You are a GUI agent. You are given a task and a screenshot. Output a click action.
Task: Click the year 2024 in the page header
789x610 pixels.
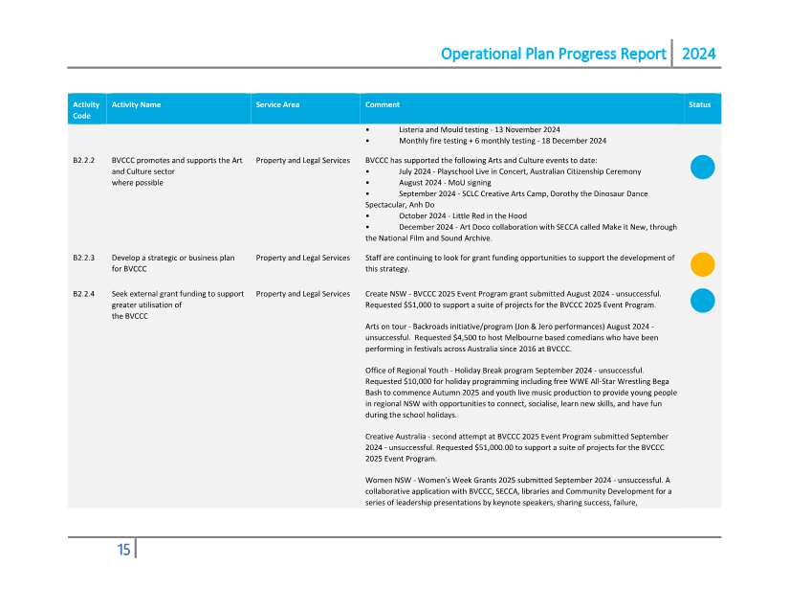point(698,54)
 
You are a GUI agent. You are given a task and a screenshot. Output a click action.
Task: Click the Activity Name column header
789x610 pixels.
point(136,104)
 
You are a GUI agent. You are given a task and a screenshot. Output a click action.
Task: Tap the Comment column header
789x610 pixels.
point(383,104)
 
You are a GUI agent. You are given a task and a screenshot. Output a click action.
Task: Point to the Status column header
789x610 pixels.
point(699,104)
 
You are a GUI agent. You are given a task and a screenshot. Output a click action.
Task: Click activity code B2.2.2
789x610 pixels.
point(84,161)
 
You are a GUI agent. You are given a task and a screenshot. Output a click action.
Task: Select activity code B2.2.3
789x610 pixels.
point(84,258)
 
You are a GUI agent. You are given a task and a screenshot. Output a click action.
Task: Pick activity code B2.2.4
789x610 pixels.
point(84,293)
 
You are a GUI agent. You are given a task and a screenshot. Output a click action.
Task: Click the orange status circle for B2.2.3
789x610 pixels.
point(702,264)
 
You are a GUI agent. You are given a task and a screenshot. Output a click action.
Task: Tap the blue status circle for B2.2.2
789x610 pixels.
point(702,168)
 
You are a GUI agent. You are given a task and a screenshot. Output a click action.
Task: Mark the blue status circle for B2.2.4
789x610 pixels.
point(702,300)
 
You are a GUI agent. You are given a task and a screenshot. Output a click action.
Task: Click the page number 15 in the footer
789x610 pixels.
point(123,550)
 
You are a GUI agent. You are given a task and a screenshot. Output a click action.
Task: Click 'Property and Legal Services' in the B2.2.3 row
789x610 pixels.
point(303,258)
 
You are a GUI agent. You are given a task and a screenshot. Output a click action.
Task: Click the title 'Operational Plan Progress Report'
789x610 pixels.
point(553,54)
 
